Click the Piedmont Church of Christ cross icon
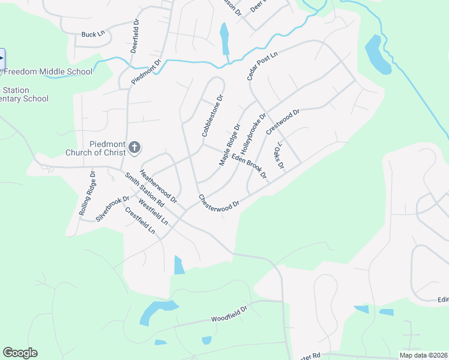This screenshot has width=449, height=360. pos(135,147)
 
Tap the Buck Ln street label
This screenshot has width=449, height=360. pos(93,35)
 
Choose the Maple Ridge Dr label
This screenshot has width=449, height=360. pos(229,145)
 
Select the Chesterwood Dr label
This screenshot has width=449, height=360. pos(219,200)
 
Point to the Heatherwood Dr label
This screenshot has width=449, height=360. pos(158,185)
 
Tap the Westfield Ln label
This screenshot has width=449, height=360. pos(153,212)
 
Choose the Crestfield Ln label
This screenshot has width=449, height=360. pos(140,220)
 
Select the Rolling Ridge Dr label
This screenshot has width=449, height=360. pos(87,194)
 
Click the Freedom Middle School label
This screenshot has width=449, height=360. pos(48,72)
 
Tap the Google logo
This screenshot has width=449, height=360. pos(20,353)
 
